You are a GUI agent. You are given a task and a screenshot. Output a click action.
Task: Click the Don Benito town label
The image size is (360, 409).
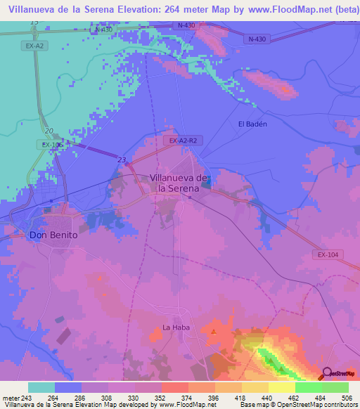[x=53, y=235]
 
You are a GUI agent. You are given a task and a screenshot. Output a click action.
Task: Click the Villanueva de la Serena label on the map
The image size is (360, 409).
[x=180, y=183]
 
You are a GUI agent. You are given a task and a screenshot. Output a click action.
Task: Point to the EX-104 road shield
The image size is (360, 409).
[x=328, y=255]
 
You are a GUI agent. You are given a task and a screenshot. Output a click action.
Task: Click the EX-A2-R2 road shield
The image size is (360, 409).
[x=186, y=141]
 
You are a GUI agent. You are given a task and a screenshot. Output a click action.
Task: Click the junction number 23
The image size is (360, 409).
[x=122, y=160]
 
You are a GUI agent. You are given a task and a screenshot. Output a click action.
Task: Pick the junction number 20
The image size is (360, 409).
[x=48, y=131]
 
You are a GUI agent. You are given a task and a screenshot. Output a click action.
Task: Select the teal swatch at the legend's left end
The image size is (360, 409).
[x=41, y=387]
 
